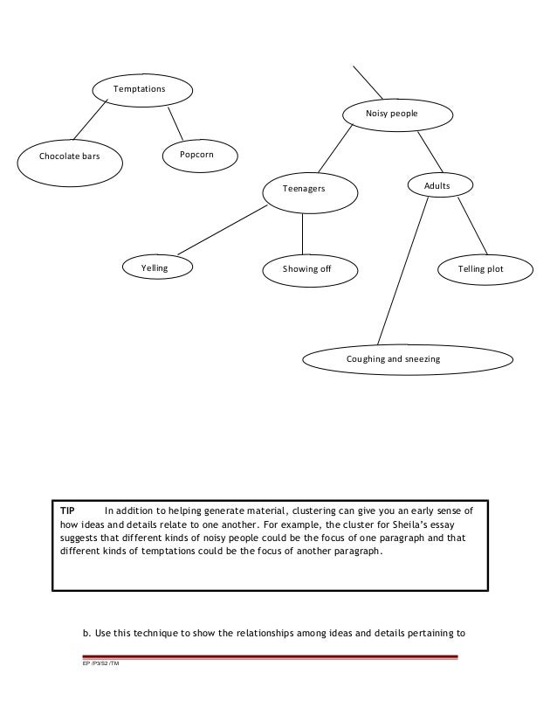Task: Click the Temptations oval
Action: (141, 89)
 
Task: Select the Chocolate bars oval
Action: (70, 158)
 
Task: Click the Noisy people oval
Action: (397, 114)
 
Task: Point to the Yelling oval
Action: (155, 267)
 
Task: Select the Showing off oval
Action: (306, 268)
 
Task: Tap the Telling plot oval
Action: (481, 269)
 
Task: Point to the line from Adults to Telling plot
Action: (472, 225)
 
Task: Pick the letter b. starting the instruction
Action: (87, 628)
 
